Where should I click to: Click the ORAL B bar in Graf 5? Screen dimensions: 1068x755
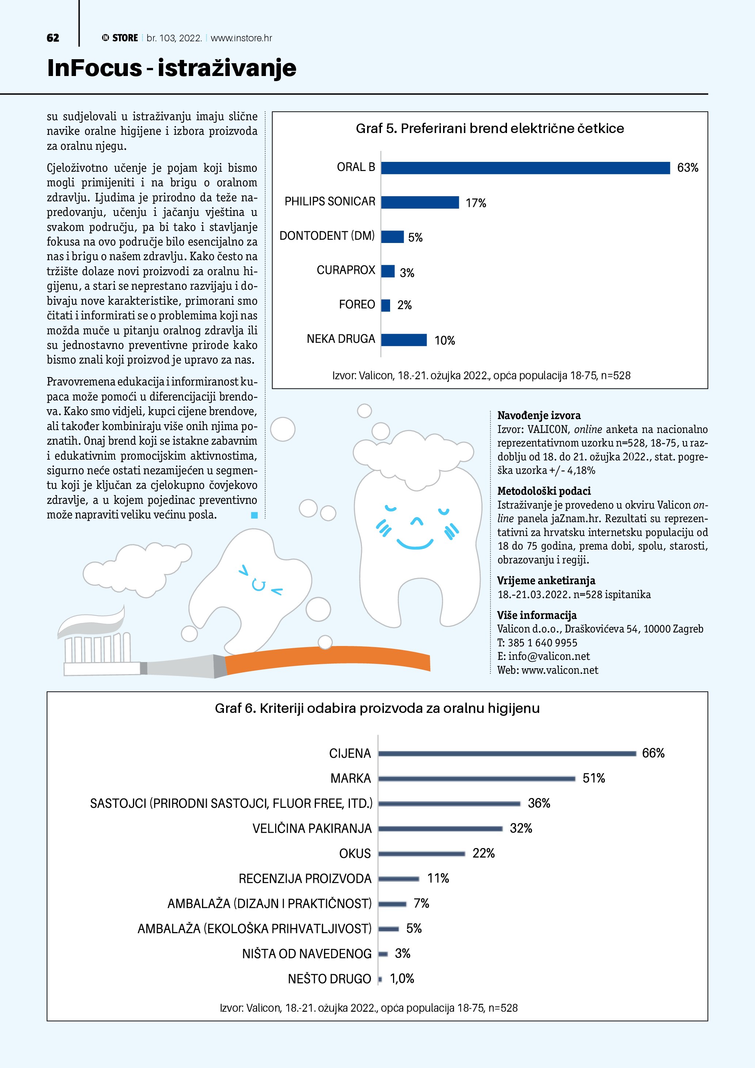click(525, 168)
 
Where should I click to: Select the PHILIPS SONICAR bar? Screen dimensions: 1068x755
click(420, 202)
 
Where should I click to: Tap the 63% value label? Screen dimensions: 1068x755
click(687, 168)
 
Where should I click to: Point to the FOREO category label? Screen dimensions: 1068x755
click(356, 305)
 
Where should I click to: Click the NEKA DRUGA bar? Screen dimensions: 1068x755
click(404, 340)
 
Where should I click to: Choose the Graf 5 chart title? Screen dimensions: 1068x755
click(489, 128)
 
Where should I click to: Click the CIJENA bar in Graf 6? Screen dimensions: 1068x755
click(507, 753)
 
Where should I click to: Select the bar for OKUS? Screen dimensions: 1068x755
click(422, 854)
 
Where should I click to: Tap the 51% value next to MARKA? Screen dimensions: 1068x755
click(594, 778)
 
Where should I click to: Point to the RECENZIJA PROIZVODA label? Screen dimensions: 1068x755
click(305, 879)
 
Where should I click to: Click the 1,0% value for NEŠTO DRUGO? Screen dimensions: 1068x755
click(402, 979)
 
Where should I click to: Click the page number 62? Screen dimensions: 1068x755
click(53, 38)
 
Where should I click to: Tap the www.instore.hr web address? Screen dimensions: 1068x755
click(241, 38)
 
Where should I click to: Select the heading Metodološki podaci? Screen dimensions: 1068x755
click(544, 491)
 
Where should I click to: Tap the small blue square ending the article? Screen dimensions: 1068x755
click(254, 515)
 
